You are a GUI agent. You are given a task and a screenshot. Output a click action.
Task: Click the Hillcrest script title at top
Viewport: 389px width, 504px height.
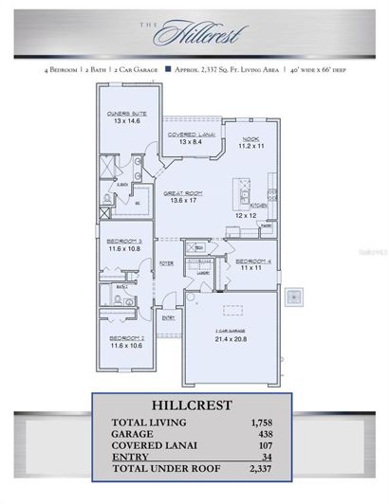[x=200, y=34]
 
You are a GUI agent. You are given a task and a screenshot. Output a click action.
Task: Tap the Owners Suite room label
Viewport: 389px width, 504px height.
[x=126, y=117]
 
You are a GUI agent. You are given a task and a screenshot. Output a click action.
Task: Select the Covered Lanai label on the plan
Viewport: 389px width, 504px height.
[x=189, y=135]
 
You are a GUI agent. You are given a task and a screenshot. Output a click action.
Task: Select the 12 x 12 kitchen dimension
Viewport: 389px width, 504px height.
[x=246, y=215]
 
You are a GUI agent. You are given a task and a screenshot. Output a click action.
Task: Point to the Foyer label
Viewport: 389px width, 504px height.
[x=165, y=264]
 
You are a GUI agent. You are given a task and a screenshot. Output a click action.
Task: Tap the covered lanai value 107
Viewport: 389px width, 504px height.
[x=263, y=445]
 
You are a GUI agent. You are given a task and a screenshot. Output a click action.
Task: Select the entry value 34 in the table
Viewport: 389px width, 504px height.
[x=266, y=458]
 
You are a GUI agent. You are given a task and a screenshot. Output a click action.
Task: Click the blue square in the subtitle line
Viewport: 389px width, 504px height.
[x=168, y=69]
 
